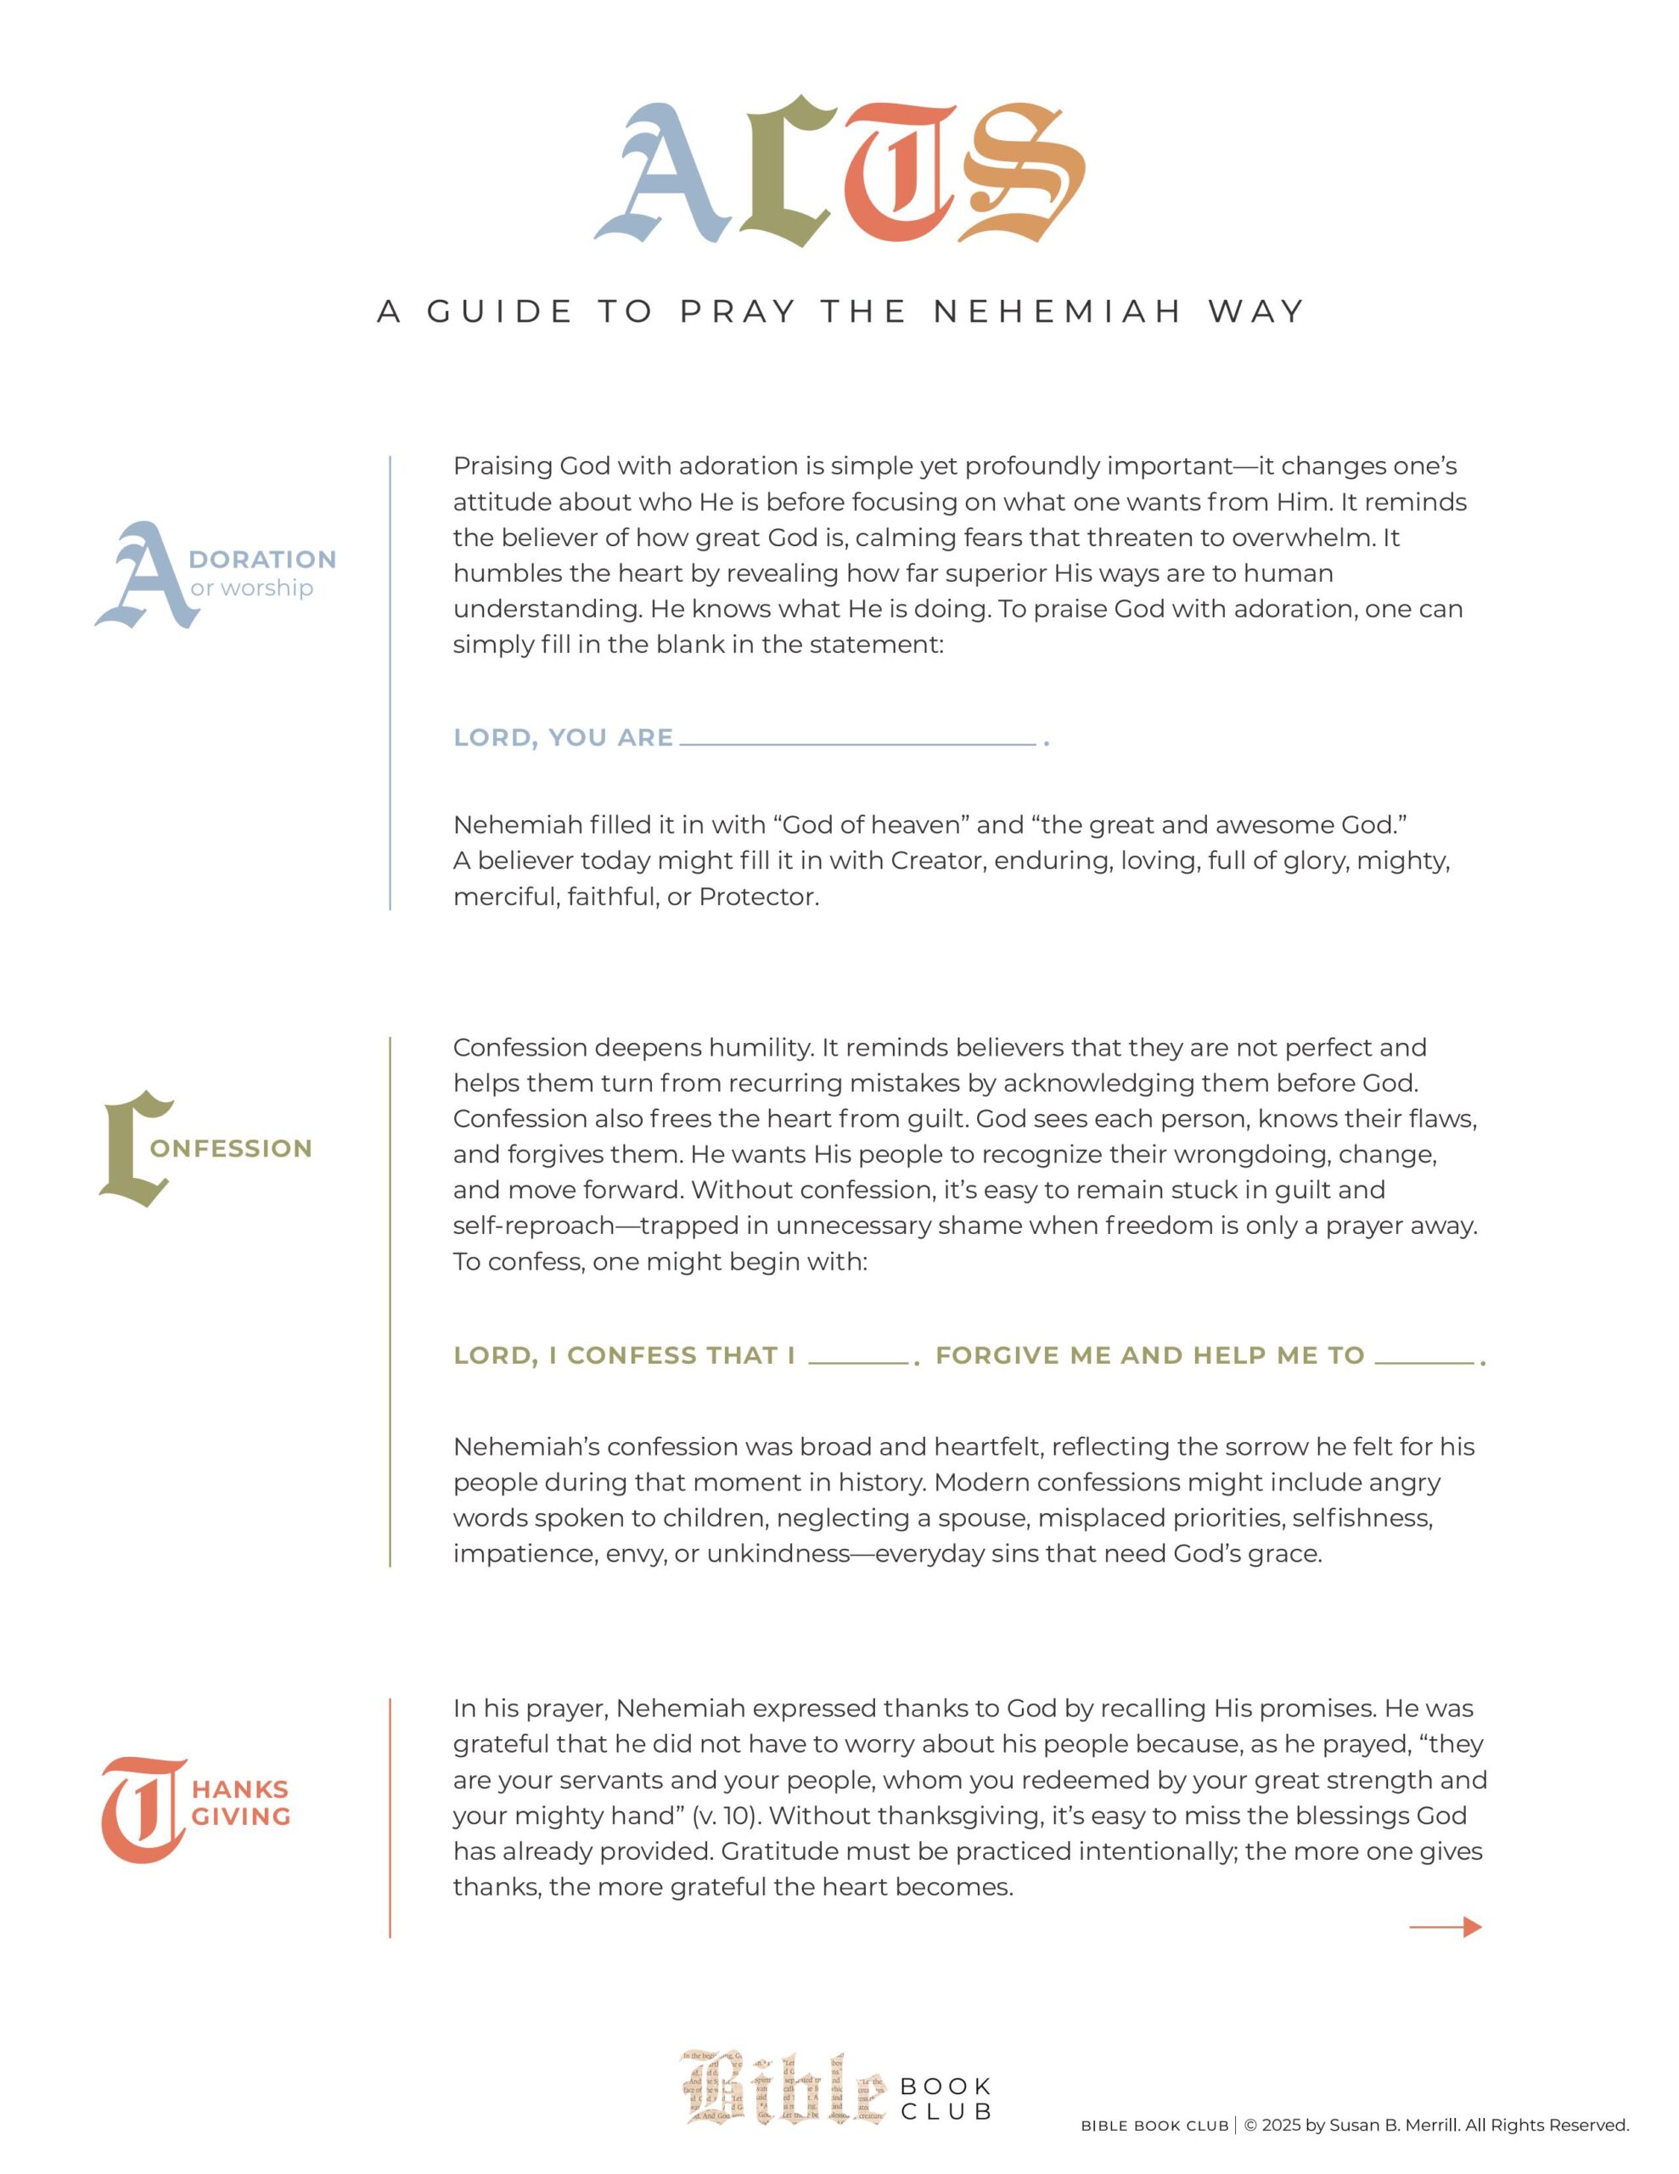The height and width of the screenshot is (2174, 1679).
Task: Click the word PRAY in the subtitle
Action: [738, 312]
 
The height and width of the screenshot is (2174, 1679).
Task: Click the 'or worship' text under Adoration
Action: [252, 589]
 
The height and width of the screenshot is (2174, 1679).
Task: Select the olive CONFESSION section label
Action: [231, 1149]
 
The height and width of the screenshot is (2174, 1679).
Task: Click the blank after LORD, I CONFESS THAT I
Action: [858, 1359]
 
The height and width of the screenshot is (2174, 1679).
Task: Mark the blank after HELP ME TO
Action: [1424, 1359]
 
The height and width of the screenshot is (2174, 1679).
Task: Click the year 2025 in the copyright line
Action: [1282, 2126]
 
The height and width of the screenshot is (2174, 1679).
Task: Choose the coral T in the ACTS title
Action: [901, 174]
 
